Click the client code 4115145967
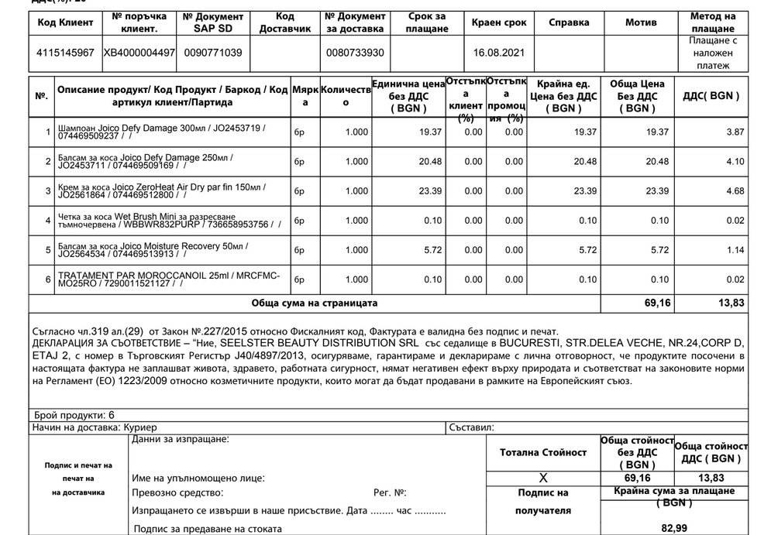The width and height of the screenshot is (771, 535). coord(66,52)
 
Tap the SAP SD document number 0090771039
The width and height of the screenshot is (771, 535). coord(214,52)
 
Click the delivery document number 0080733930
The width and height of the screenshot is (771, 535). coord(355,52)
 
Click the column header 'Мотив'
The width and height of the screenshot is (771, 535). coord(641,22)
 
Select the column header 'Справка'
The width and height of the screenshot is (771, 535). coord(569,22)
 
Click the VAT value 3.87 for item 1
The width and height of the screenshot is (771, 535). coord(735,132)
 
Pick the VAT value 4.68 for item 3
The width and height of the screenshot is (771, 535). coord(735,191)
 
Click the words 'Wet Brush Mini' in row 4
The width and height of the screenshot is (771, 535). coord(146,216)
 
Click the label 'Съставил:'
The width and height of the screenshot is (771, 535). coord(471,427)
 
